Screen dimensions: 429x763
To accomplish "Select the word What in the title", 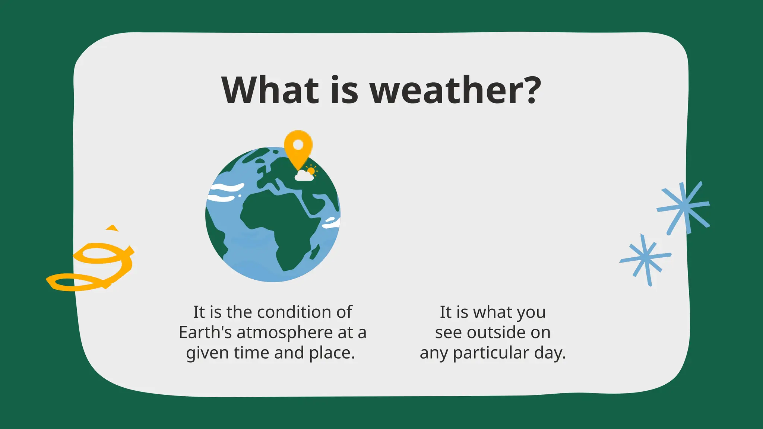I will [x=270, y=90].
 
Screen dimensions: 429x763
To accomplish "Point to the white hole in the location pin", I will [x=298, y=144].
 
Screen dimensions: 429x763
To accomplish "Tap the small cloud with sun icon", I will [x=306, y=174].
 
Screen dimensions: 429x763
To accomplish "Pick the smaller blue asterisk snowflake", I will [x=646, y=259].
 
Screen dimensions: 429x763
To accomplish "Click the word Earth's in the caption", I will [x=205, y=333].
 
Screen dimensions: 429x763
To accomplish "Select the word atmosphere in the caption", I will [x=285, y=333].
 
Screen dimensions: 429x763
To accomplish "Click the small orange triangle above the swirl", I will [x=112, y=228].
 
